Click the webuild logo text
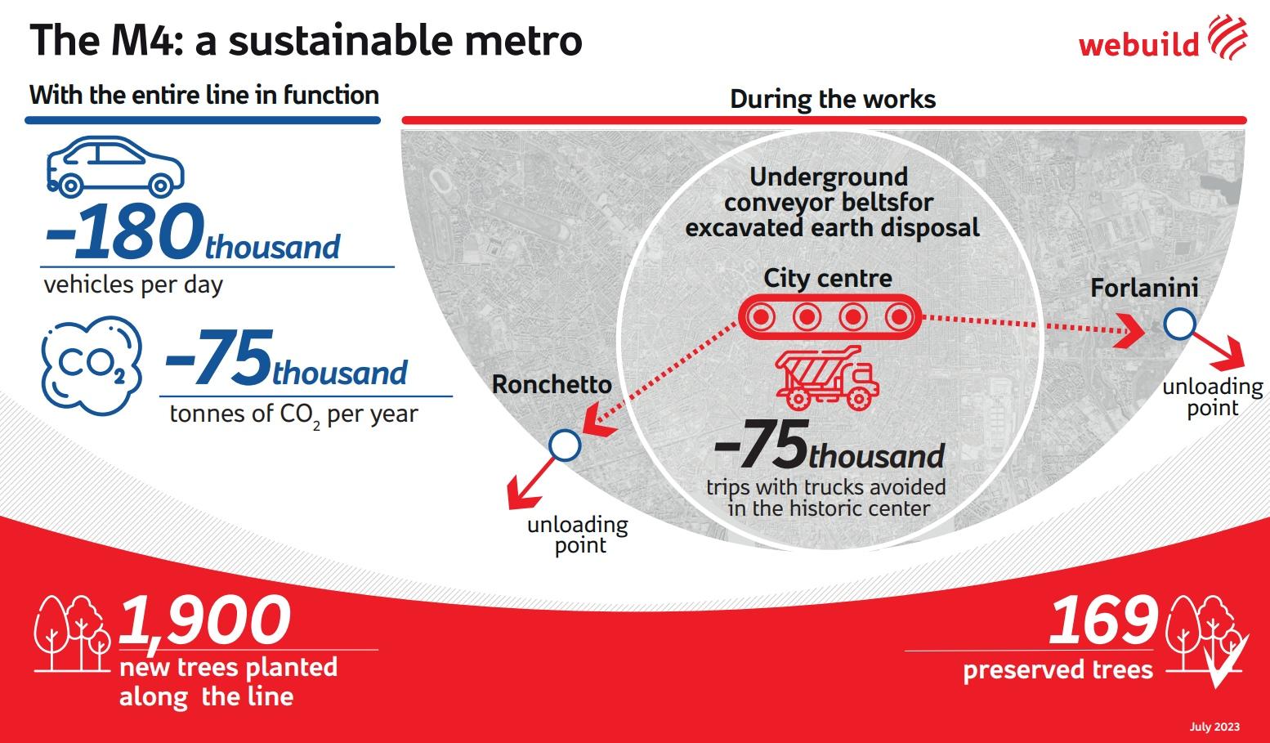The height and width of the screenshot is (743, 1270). point(1138,43)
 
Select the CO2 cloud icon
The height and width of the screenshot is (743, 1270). point(92,366)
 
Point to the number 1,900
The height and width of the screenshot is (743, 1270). point(204,620)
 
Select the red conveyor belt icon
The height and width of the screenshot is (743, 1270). point(830,316)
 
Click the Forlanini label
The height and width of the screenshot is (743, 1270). point(1144,288)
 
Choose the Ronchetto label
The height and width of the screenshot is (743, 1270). point(552,384)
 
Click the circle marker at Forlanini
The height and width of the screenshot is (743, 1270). point(1180,324)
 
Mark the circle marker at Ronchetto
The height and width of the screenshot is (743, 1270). point(565,445)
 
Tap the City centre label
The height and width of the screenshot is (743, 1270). point(828,278)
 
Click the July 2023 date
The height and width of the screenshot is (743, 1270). point(1214,727)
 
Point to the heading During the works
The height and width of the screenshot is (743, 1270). point(832,99)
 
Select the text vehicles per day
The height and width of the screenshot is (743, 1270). point(133,285)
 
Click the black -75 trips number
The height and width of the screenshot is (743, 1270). point(761,444)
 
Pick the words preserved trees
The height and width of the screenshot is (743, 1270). point(1058,669)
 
